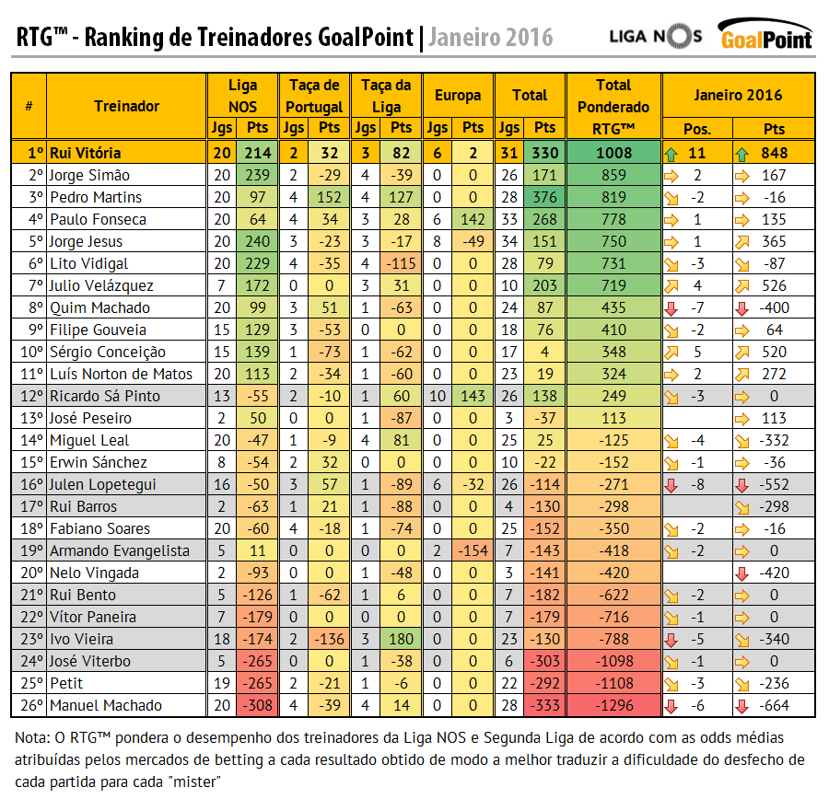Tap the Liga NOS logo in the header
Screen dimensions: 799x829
[x=656, y=36]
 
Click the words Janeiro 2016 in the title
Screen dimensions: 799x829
[x=491, y=37]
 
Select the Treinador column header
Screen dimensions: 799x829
[x=126, y=106]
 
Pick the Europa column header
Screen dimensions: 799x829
[x=458, y=95]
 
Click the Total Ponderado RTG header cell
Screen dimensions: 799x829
[x=613, y=106]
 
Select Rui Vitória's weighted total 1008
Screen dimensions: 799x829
[x=613, y=153]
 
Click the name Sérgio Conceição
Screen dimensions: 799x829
[x=107, y=352]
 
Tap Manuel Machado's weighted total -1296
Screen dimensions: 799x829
[x=613, y=705]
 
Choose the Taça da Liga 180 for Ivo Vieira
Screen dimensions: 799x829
[x=402, y=639]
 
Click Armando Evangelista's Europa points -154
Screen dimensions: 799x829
[x=473, y=550]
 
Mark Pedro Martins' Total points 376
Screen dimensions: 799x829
[x=545, y=197]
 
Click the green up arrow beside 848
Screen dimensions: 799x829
[x=741, y=153]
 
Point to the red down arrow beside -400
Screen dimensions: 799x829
[x=741, y=307]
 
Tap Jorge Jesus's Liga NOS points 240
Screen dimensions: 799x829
[x=259, y=241]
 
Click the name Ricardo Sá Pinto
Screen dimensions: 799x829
[x=104, y=396]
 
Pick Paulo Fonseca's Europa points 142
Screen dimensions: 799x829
[x=473, y=219]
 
